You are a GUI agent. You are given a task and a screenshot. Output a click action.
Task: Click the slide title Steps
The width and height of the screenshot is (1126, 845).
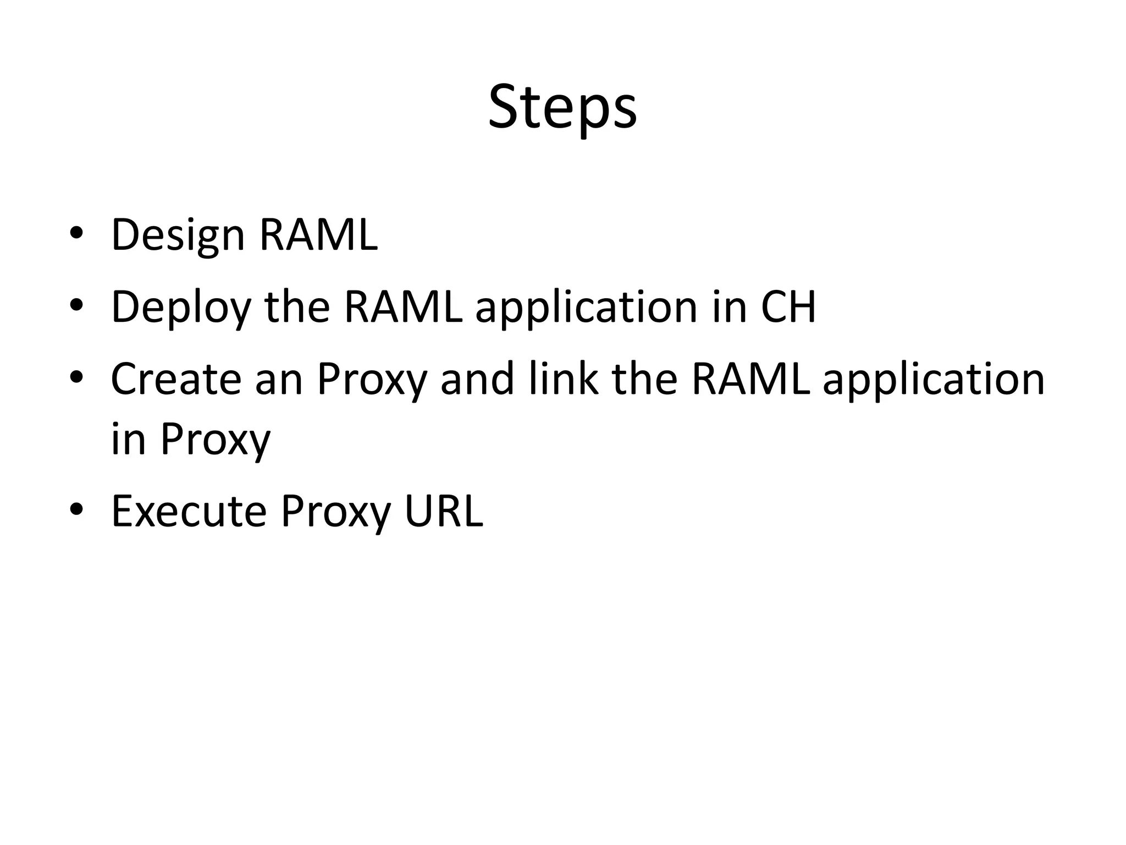pyautogui.click(x=562, y=108)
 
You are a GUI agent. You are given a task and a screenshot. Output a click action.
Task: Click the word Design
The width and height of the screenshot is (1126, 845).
pyautogui.click(x=178, y=236)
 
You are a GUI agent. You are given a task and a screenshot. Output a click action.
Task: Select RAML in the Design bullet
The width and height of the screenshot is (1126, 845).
pyautogui.click(x=318, y=235)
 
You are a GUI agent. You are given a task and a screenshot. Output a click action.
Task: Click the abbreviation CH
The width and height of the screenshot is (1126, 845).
pyautogui.click(x=788, y=306)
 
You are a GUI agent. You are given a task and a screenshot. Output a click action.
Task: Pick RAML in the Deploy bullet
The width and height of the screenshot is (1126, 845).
pyautogui.click(x=402, y=306)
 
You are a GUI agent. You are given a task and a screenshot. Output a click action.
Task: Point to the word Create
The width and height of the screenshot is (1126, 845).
pyautogui.click(x=176, y=379)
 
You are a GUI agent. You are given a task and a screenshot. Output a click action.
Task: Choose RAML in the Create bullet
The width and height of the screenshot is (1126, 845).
pyautogui.click(x=750, y=379)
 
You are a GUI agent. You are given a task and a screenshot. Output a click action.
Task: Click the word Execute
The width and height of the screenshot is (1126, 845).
pyautogui.click(x=189, y=512)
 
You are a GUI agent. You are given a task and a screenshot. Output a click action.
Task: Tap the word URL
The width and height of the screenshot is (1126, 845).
pyautogui.click(x=443, y=512)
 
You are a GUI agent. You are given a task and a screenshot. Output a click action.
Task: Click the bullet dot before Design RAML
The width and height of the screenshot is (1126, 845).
pyautogui.click(x=76, y=233)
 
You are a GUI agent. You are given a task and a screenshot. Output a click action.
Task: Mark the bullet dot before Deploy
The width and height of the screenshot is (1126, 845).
pyautogui.click(x=76, y=304)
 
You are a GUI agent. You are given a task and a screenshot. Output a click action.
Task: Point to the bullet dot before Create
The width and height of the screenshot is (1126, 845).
pyautogui.click(x=76, y=377)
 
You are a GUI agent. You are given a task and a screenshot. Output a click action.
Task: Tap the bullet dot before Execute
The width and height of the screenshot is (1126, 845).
pyautogui.click(x=76, y=509)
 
